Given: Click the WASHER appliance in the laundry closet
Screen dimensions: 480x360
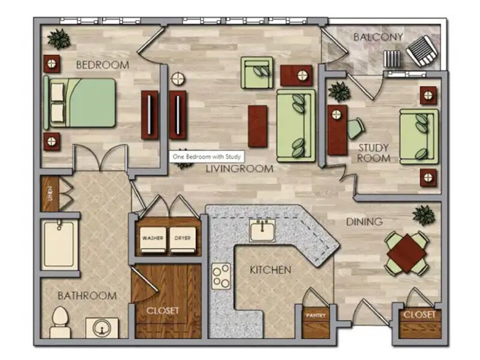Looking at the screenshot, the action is pos(153,240).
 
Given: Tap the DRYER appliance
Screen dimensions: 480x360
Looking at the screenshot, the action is pos(182,240).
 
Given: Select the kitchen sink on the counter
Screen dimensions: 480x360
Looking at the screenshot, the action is pos(262,230).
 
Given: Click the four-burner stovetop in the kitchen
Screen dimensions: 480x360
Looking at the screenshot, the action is pos(221,276).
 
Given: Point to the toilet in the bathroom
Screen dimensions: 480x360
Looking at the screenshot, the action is pos(59,322).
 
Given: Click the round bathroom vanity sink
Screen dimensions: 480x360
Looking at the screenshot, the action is pos(101,328).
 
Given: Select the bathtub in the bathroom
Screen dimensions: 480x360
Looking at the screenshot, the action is pos(58,244).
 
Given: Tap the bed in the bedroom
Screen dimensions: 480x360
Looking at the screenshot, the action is pos(80,103).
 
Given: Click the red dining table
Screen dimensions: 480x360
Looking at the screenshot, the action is pos(407,253).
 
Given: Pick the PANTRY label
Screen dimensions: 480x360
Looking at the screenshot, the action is pos(316,315).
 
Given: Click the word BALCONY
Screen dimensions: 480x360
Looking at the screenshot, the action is pos(378,37).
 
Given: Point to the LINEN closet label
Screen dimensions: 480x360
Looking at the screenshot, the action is pos(50,194).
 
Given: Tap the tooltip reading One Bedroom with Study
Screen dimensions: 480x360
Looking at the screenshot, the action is pos(206,157).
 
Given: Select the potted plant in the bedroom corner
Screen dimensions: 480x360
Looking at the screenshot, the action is pos(58,39).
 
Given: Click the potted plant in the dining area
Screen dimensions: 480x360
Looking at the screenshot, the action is pos(424,215).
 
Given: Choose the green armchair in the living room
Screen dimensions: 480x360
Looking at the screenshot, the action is pos(257,73).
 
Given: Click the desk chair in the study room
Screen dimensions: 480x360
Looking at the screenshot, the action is pos(355,128).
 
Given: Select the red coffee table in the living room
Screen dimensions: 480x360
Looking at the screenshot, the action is pos(257,126).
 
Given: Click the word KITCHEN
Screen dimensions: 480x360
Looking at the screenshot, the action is pos(271,270).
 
